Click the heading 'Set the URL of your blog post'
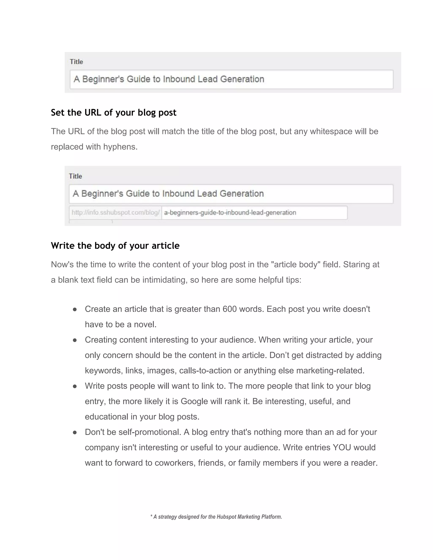(113, 113)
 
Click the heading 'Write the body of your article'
(115, 246)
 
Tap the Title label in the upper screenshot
(77, 62)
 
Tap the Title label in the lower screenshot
(75, 176)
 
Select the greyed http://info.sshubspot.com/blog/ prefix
(115, 213)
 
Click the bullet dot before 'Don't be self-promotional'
(75, 433)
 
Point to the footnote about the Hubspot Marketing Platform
(216, 517)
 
